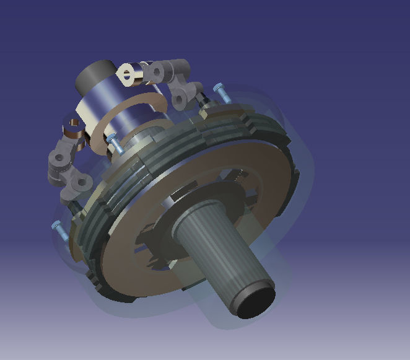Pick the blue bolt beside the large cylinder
click(x=114, y=143)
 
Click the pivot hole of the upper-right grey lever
click(x=157, y=72)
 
